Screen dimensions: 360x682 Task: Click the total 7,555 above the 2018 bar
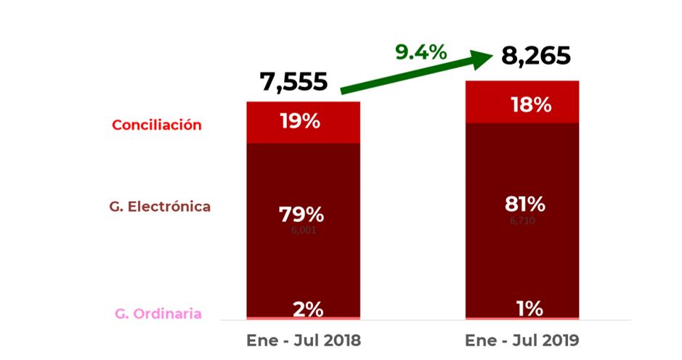(294, 82)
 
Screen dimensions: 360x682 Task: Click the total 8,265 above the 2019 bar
(535, 56)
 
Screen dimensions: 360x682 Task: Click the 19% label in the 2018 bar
(300, 121)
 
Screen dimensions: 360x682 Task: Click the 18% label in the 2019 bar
(531, 105)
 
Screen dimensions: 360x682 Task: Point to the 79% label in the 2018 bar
(301, 214)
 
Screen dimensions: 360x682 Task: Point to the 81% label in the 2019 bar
(525, 204)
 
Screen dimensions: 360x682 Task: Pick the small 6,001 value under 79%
(303, 230)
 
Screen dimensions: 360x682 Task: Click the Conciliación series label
(156, 125)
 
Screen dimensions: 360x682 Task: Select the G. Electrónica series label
(160, 207)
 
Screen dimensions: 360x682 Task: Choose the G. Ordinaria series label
(158, 314)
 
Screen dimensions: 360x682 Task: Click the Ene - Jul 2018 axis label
(303, 340)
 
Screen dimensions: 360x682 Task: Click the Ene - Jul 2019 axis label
(521, 340)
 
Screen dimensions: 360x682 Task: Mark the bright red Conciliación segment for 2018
(261, 123)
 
